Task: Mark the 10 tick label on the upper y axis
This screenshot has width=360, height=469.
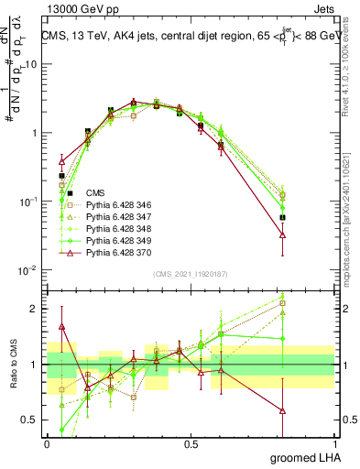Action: [x=31, y=65]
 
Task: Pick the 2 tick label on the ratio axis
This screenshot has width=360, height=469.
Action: [x=35, y=309]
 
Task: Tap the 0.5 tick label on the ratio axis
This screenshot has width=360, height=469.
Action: [x=30, y=420]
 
